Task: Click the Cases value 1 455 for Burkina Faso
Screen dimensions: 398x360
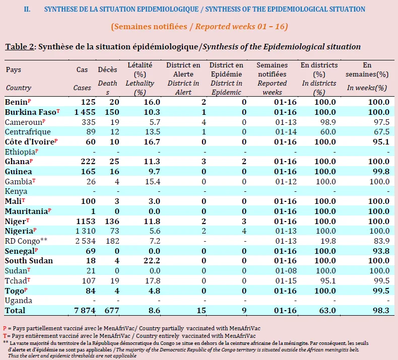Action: click(85, 112)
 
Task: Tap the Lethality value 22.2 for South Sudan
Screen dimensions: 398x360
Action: click(152, 261)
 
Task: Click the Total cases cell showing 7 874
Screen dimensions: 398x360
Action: click(85, 311)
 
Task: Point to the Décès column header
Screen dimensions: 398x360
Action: click(108, 69)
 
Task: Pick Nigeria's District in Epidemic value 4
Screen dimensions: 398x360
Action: click(244, 231)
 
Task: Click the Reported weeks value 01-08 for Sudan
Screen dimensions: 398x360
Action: click(286, 271)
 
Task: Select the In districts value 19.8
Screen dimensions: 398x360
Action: click(328, 241)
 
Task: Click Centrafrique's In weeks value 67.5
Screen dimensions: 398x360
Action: click(381, 132)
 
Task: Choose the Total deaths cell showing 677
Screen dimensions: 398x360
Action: click(112, 311)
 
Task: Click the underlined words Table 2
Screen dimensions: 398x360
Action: click(20, 47)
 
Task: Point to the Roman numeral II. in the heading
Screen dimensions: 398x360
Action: click(27, 10)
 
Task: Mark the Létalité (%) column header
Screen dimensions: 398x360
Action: click(140, 69)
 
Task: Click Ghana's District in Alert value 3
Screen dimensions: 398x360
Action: click(204, 162)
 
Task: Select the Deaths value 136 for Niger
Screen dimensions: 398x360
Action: click(112, 221)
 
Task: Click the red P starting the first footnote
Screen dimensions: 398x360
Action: click(5, 328)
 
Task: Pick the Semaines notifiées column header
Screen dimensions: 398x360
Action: click(272, 69)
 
